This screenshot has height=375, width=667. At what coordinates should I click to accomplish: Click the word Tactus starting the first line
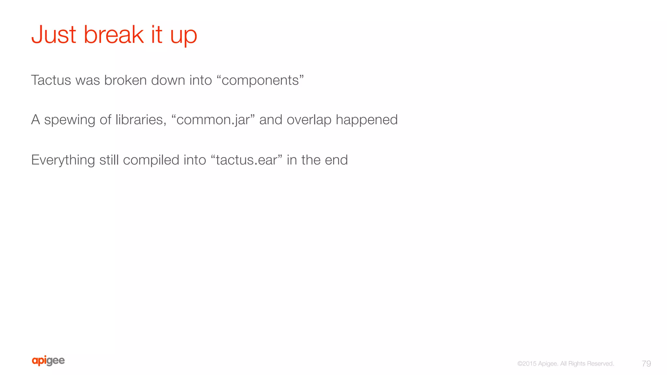(51, 80)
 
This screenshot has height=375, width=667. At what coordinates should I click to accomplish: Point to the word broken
(125, 80)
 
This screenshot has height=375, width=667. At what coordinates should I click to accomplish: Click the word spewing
(70, 120)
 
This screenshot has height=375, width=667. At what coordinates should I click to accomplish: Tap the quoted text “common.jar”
(215, 120)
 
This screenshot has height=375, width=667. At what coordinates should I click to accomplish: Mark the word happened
(367, 120)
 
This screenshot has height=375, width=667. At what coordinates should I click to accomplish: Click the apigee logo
(48, 361)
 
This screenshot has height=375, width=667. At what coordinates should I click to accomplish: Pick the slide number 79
(646, 364)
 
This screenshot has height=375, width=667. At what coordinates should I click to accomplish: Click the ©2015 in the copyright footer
(527, 364)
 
